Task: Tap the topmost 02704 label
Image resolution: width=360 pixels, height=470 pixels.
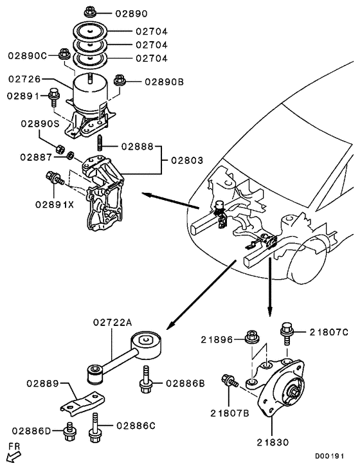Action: pos(151,30)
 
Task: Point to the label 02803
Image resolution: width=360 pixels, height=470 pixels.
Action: pos(188,159)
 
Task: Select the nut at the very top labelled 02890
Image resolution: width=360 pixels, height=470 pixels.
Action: pos(91,12)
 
